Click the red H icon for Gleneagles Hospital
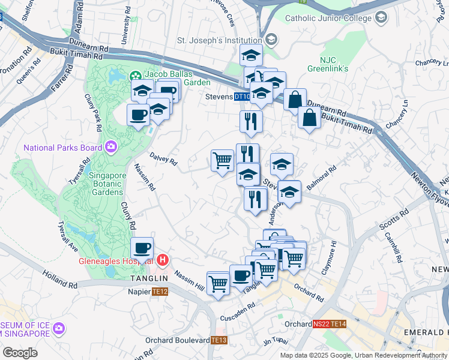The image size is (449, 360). (161, 260)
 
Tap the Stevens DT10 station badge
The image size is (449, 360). (242, 96)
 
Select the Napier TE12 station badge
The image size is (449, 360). (160, 291)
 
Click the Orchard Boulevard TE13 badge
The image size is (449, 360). (220, 340)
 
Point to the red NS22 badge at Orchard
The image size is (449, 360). (321, 324)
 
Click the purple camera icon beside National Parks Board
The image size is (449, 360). (110, 146)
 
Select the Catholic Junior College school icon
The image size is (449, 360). (381, 18)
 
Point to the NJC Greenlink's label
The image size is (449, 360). (334, 64)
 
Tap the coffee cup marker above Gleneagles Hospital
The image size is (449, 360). (142, 247)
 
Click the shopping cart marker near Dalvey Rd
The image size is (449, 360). (222, 161)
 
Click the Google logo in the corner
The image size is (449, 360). (19, 353)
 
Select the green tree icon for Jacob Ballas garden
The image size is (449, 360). (134, 76)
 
